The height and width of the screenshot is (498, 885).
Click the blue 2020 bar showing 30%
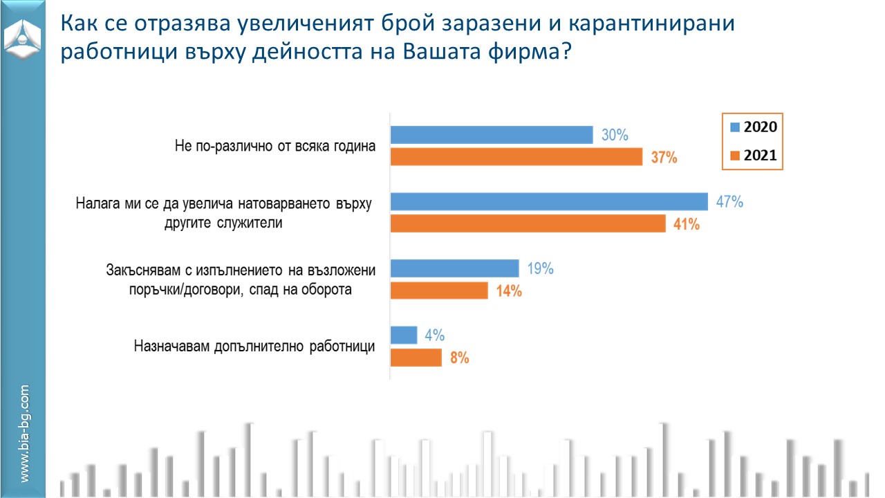coord(492,135)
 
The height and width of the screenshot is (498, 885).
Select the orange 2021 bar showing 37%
coord(517,158)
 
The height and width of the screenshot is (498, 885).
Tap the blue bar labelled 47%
coord(549,202)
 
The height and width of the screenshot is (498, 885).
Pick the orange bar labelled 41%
coord(528,224)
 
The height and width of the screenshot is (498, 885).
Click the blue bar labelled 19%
coord(454,268)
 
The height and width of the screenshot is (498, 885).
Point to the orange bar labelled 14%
coord(439,290)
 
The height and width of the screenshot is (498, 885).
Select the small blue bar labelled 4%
coord(404,335)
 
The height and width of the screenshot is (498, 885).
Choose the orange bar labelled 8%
coord(416,358)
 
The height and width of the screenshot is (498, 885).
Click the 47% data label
coord(729,203)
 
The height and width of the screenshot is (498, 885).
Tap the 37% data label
coord(664,158)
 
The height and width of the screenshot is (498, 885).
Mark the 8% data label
coord(459,358)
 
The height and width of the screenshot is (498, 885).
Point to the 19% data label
coord(540,268)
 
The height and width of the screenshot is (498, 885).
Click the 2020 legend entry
coord(753,127)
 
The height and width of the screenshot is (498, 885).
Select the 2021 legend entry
coord(753,156)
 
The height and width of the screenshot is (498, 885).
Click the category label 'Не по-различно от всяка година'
coord(274,146)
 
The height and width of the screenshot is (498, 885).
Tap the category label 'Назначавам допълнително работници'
coord(254,347)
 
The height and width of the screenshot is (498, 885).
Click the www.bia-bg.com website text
coord(24,434)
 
